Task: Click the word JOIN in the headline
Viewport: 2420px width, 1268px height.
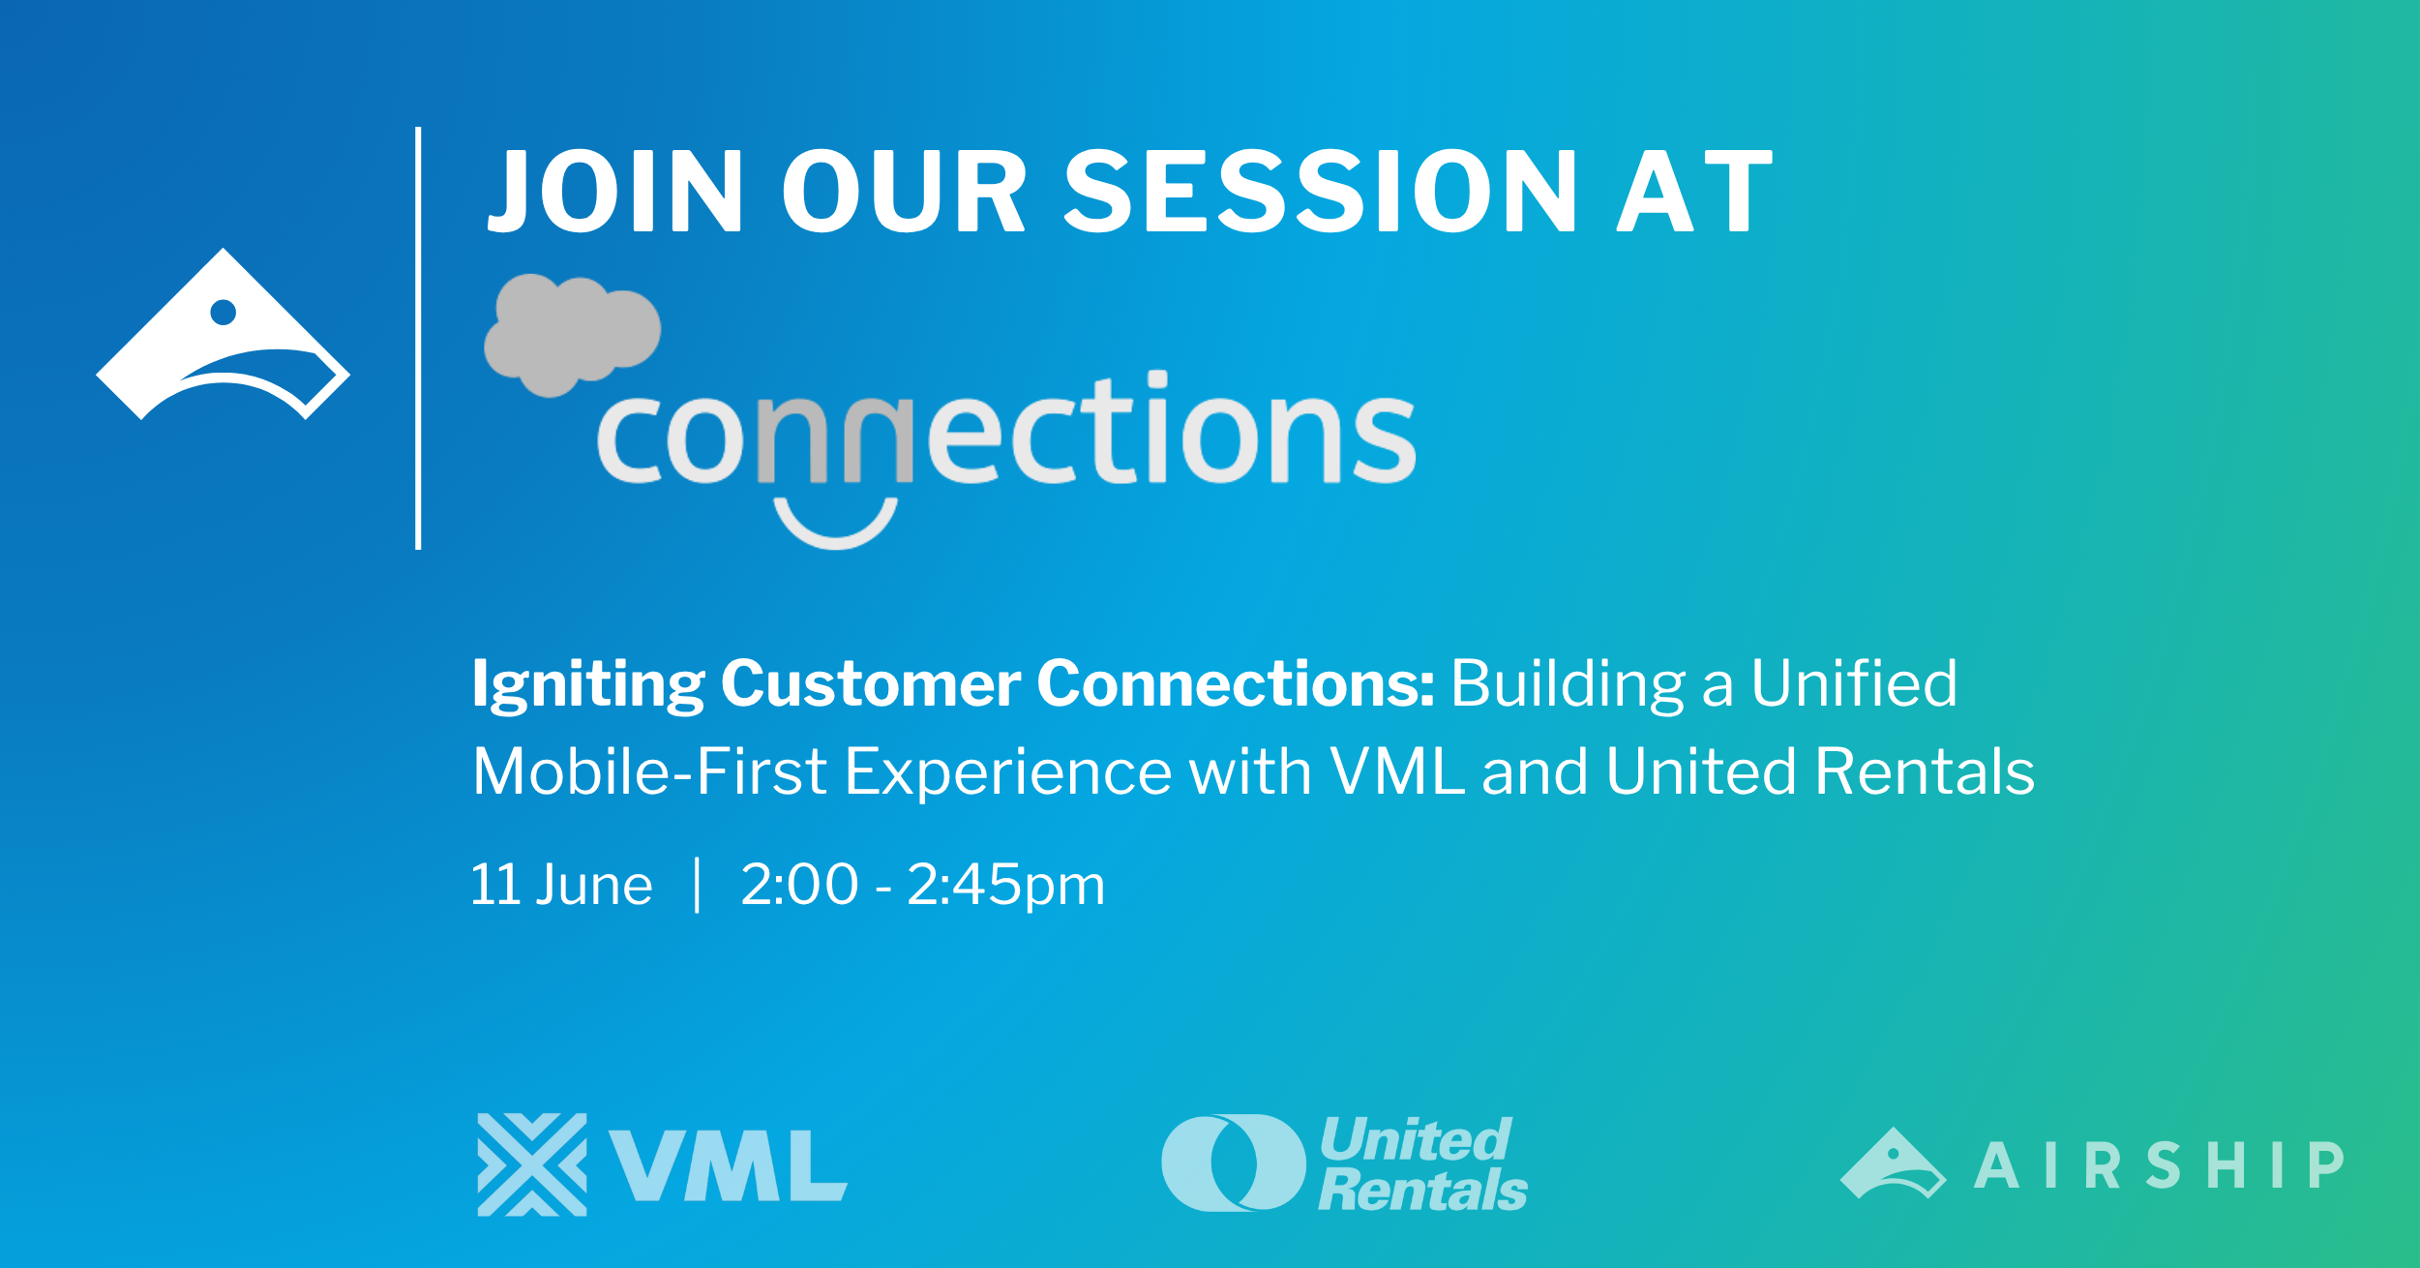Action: pos(615,192)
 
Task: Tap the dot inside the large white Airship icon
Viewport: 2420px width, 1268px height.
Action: pos(224,312)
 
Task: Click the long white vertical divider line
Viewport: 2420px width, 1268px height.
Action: pos(418,338)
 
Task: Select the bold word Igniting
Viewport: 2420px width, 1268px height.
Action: pos(588,685)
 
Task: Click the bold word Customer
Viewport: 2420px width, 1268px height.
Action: pos(871,683)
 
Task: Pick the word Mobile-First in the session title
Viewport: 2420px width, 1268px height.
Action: pos(649,771)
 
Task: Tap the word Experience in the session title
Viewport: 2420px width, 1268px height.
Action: pos(1008,773)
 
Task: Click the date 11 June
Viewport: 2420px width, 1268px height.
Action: pos(561,885)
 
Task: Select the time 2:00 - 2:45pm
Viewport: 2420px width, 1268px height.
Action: pos(923,886)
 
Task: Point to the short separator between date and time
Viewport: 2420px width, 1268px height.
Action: pos(697,885)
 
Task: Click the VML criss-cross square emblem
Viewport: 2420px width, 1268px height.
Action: pos(532,1164)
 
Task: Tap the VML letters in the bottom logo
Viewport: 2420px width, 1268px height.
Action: pos(729,1165)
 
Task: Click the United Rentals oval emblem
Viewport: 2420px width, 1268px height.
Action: pos(1234,1162)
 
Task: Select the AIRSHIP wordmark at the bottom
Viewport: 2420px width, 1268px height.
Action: pos(2159,1164)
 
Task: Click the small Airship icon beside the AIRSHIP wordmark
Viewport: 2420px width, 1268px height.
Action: pos(1893,1163)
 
